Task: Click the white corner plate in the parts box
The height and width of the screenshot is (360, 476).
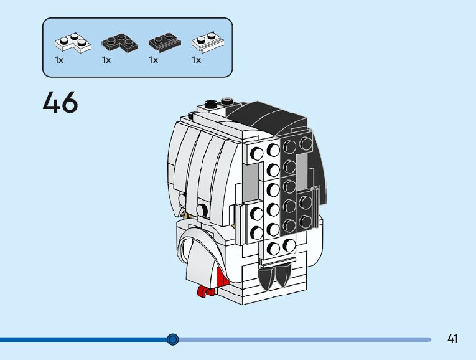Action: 71,42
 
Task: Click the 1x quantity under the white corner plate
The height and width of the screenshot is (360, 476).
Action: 59,60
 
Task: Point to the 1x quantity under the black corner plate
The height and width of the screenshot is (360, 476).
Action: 106,60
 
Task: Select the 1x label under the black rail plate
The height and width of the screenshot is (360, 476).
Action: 153,60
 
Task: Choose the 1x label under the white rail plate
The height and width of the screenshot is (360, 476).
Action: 196,60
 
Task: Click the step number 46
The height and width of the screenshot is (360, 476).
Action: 60,103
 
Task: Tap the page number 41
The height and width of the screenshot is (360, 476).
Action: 452,339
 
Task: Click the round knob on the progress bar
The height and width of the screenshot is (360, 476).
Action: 173,339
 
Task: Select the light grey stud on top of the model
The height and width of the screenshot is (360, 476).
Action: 228,100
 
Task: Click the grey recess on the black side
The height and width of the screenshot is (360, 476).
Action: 302,174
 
